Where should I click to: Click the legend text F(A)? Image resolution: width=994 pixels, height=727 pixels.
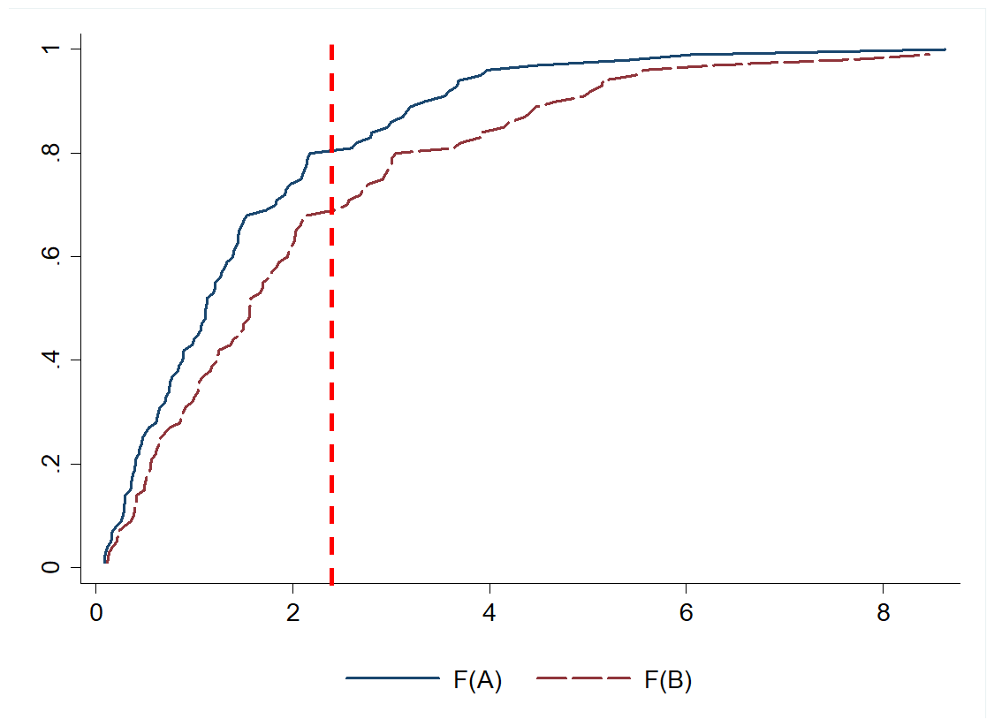(x=476, y=680)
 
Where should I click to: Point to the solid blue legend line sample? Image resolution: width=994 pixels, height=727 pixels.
(x=392, y=678)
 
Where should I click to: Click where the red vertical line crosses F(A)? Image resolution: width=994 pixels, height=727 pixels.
(x=331, y=151)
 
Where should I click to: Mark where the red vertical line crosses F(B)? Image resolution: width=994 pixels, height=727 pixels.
(x=331, y=211)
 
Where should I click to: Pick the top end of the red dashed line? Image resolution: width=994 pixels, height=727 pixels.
(x=331, y=45)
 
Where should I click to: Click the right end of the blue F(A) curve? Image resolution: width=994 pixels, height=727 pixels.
(x=945, y=49)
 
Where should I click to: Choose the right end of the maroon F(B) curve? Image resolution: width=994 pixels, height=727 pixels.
(x=930, y=54)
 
